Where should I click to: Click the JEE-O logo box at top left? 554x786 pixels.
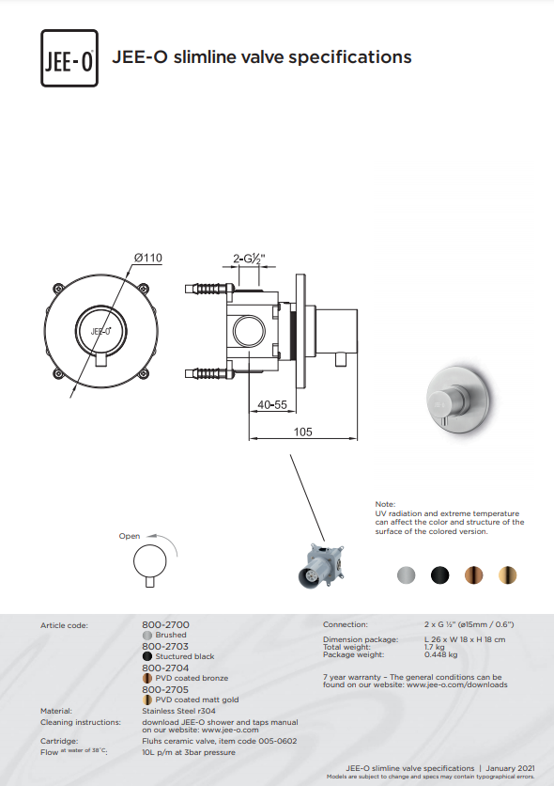pos(69,58)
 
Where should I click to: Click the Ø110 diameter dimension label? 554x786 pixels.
pos(148,258)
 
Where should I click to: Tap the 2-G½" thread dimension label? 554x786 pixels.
pos(249,259)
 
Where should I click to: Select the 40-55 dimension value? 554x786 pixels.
pos(272,404)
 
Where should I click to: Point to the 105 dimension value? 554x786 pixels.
pos(302,432)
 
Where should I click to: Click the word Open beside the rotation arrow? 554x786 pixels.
pos(130,536)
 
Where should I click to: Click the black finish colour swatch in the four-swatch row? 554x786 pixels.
pos(439,574)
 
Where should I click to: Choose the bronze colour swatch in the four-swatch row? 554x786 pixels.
pos(473,574)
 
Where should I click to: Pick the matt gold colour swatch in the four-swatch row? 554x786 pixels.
pos(507,574)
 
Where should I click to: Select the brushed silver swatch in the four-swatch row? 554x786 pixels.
pos(406,574)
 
